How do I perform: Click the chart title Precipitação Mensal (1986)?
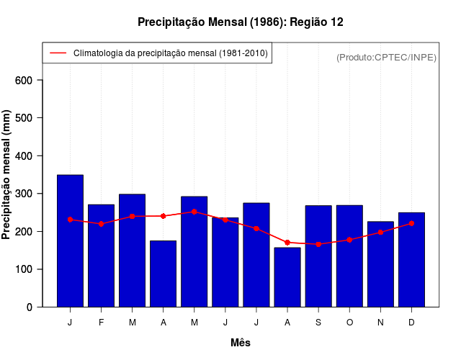[240, 22]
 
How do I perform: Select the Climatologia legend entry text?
[170, 53]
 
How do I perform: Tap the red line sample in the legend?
[58, 53]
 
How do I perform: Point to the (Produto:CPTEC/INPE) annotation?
[386, 57]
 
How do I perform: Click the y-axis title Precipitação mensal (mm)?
[7, 174]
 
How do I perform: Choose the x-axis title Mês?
[241, 343]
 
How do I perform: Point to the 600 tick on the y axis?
[24, 80]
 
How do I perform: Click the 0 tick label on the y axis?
[30, 307]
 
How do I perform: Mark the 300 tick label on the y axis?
[24, 194]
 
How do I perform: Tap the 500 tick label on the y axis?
[24, 118]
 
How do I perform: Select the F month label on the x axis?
[101, 323]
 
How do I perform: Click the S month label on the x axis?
[318, 323]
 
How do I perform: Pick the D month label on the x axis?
[411, 323]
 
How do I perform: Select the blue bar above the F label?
[101, 256]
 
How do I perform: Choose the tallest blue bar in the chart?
[70, 241]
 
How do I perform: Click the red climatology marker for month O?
[349, 240]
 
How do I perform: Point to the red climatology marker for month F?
[101, 224]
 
